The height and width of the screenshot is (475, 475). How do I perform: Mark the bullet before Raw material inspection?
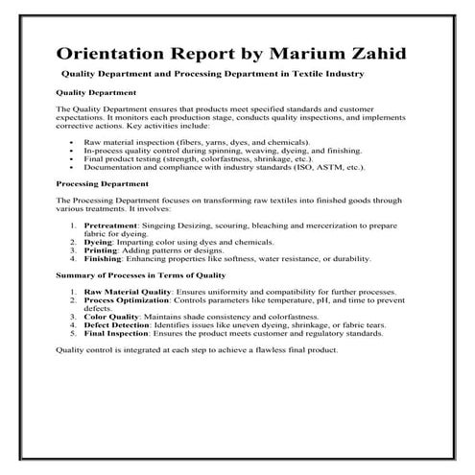(73, 141)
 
